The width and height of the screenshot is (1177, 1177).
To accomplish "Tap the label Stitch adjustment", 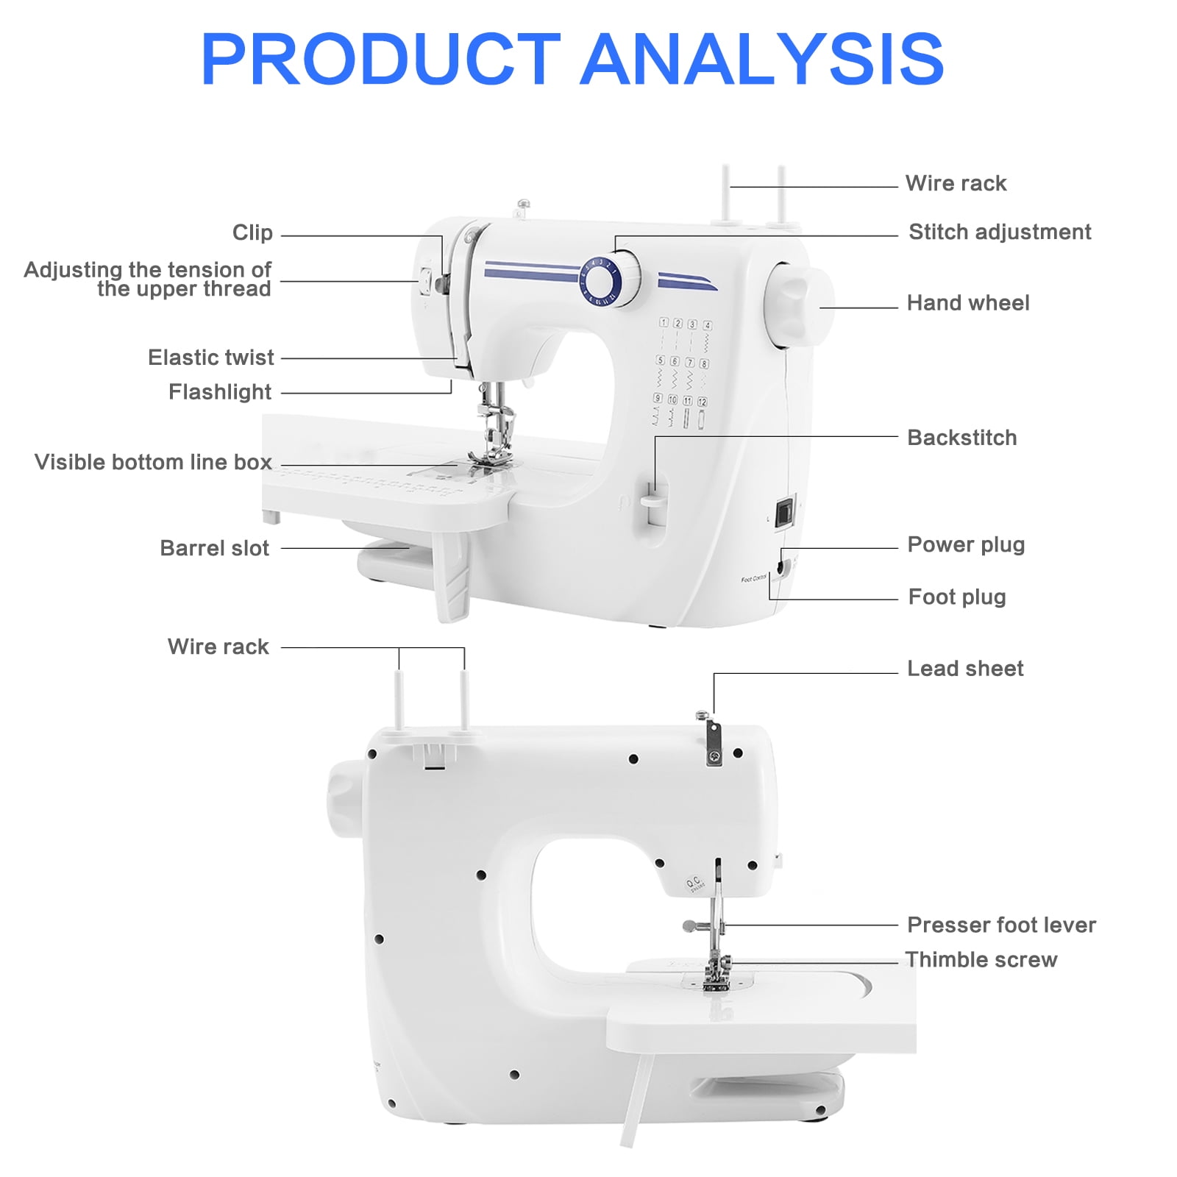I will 999,232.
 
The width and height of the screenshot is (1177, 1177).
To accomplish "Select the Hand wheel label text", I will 967,302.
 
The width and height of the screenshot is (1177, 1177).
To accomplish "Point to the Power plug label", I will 965,544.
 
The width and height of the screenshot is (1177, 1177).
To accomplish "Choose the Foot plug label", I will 956,597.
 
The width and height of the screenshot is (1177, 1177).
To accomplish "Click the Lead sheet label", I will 964,668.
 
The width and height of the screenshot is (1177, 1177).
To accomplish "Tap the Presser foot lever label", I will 1000,925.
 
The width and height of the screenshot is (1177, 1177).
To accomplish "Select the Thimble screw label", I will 981,959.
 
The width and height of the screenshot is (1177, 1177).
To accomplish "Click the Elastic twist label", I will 210,358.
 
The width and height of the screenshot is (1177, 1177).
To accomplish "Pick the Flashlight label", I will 219,392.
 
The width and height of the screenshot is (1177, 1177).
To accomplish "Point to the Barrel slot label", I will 214,548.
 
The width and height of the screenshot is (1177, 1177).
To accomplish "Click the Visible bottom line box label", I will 153,462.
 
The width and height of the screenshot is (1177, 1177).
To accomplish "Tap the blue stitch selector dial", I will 602,280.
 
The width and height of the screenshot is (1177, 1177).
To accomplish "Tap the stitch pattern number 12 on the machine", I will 702,402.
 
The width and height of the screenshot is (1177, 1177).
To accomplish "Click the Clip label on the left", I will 252,232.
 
